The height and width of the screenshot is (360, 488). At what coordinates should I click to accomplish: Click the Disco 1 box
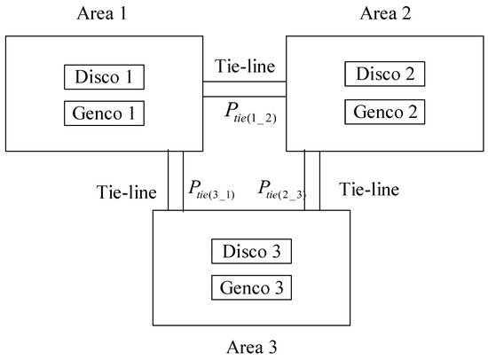point(104,77)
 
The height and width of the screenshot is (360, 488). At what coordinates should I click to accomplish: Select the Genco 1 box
point(104,113)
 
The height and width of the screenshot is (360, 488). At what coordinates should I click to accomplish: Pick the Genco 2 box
point(385,113)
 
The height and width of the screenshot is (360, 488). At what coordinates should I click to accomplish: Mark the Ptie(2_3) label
point(282,189)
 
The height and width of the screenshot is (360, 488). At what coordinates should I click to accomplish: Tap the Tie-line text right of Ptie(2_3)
point(370,189)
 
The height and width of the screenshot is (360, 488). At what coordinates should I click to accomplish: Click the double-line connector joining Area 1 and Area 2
point(244,88)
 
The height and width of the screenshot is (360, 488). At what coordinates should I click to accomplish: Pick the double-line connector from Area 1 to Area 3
point(176,180)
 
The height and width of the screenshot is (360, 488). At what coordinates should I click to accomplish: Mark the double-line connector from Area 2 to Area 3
point(312,180)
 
